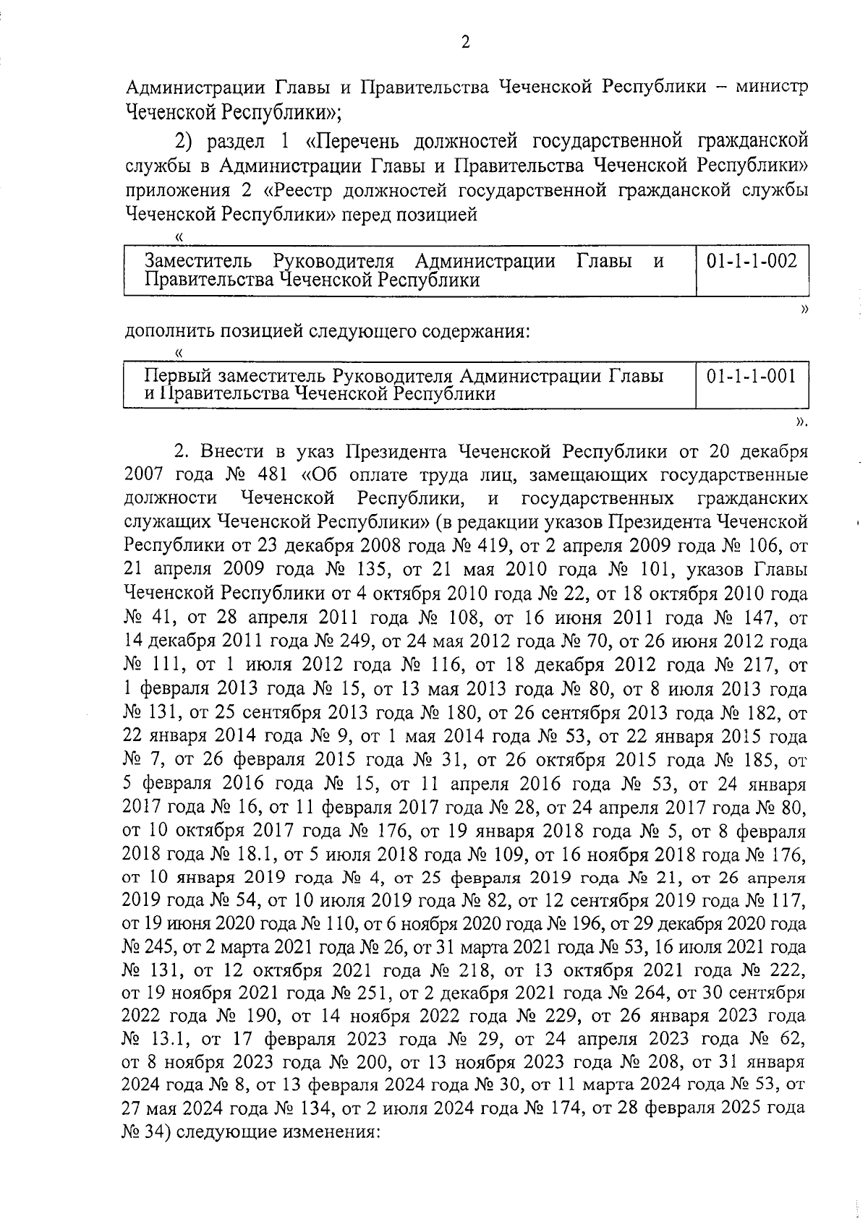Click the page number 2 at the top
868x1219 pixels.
pyautogui.click(x=466, y=43)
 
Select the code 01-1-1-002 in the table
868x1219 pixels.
pyautogui.click(x=752, y=261)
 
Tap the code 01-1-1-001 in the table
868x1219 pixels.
pyautogui.click(x=752, y=376)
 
